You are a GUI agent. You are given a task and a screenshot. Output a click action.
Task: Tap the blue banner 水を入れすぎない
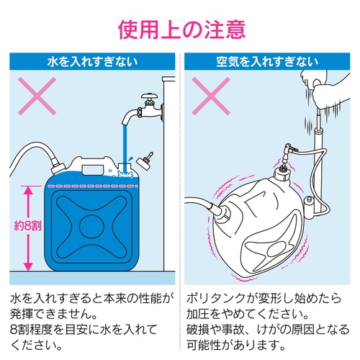coord(91,61)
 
